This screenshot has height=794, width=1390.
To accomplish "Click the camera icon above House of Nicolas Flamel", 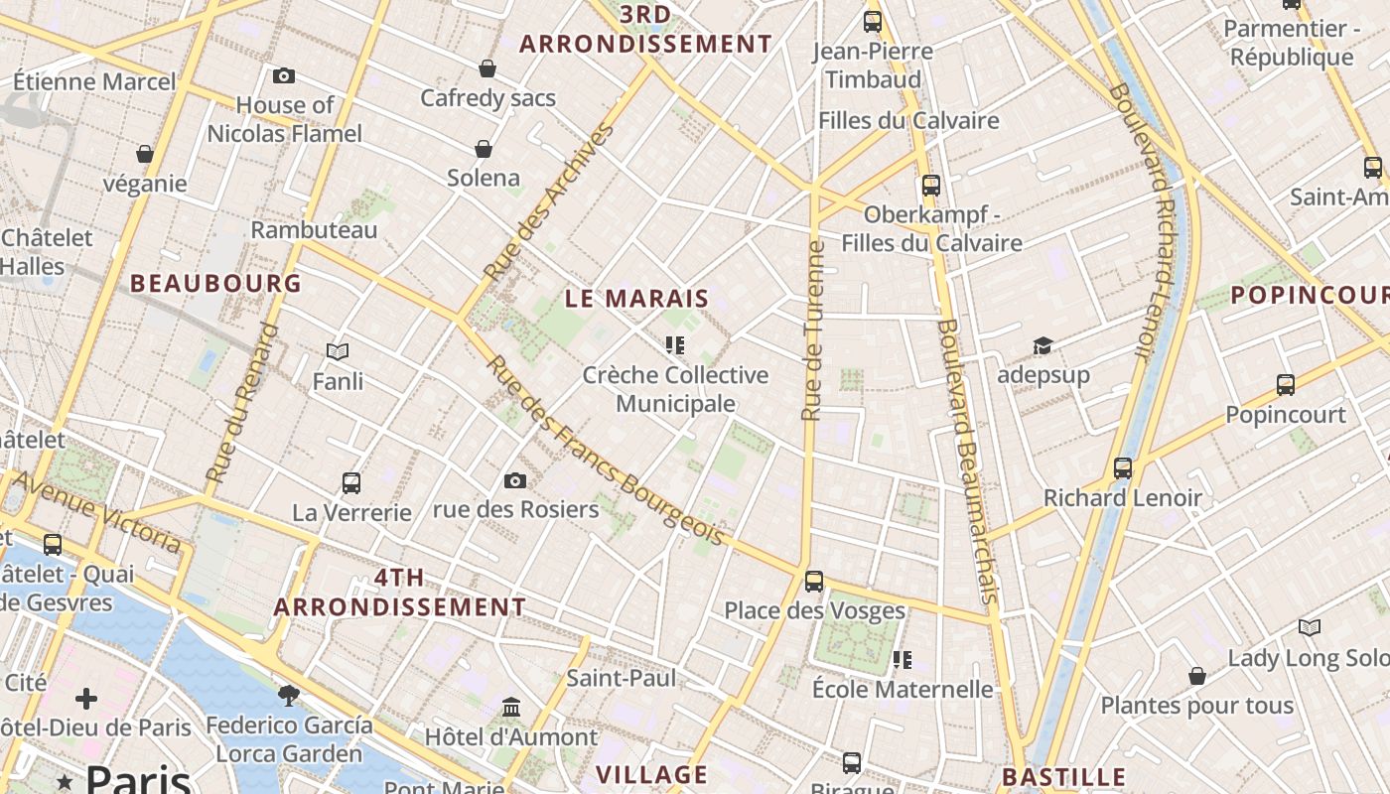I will tap(283, 75).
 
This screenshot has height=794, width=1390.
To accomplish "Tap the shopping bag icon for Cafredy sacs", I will tap(487, 68).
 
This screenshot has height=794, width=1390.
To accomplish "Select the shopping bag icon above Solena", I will tap(484, 149).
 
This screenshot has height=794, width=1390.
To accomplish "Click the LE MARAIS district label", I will tap(637, 298).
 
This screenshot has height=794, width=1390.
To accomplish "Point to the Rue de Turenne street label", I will tap(813, 331).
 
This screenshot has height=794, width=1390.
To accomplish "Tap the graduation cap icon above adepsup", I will tap(1042, 345).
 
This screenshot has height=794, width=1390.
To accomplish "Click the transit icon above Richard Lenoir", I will tap(1123, 468).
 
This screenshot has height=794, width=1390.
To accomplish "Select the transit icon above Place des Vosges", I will tap(814, 582).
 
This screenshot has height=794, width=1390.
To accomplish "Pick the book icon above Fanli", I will tap(338, 351).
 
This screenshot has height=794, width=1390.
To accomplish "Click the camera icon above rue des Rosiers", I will tap(515, 480).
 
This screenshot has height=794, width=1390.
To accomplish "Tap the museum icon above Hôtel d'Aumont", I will tap(511, 708).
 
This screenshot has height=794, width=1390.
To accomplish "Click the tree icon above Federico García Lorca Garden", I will tap(289, 695).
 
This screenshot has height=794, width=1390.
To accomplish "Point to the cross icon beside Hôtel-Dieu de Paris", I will tap(86, 699).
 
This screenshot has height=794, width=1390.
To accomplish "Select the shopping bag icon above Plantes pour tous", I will tap(1197, 676).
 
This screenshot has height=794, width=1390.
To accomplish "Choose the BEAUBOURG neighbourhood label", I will tap(215, 284).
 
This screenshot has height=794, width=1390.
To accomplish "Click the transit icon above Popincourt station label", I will tap(1286, 385).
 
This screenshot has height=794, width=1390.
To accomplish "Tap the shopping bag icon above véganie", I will tap(145, 154).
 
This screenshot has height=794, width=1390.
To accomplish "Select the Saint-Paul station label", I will tap(621, 678).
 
